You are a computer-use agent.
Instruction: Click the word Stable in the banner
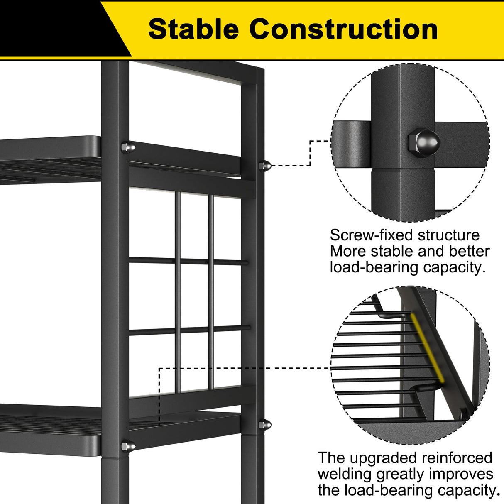pos(193,29)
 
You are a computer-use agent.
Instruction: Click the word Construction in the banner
pos(343,29)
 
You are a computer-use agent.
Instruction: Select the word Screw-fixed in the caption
pos(371,235)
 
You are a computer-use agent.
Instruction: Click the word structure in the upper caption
pos(448,235)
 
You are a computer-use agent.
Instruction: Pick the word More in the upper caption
pos(348,252)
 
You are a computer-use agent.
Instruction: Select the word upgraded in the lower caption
pos(384,458)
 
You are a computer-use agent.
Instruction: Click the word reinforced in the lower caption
pos(457,458)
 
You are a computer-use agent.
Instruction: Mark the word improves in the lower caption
pos(461,474)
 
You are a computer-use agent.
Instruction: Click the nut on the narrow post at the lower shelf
pos(265,425)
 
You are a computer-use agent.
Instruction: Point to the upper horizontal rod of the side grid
pos(189,261)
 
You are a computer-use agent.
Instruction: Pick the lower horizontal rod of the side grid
pos(189,330)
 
